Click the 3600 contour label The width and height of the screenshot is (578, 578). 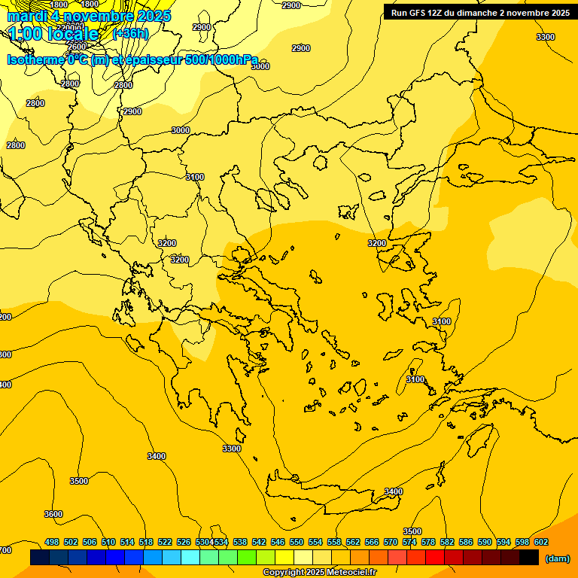tap(53, 514)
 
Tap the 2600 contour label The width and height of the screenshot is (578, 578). tap(77, 47)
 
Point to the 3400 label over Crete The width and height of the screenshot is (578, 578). tap(393, 491)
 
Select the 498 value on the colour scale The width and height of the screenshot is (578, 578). tap(52, 542)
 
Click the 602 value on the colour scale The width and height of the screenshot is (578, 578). tap(541, 542)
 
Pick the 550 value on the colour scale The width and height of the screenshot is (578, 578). tap(297, 542)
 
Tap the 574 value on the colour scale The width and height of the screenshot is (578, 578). tap(409, 542)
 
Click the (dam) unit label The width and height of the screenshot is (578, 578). tap(558, 558)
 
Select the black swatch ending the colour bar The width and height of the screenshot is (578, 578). tap(529, 558)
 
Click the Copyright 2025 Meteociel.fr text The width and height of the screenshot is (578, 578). tap(319, 573)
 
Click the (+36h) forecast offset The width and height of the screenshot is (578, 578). tap(130, 34)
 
